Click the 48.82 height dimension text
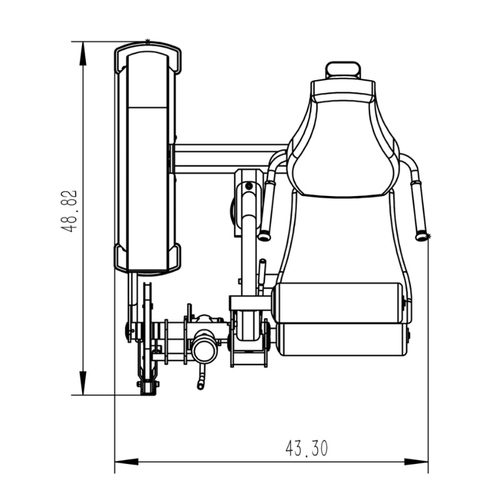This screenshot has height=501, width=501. coord(69,211)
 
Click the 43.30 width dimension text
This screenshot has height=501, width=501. coord(306,448)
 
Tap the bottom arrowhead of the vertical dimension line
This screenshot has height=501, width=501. coord(83,383)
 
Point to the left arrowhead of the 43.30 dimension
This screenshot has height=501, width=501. coord(127,462)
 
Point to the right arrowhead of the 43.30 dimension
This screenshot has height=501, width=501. coord(416,462)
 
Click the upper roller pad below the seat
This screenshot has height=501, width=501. coord(338,302)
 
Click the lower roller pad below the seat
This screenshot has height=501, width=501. coord(343,339)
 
